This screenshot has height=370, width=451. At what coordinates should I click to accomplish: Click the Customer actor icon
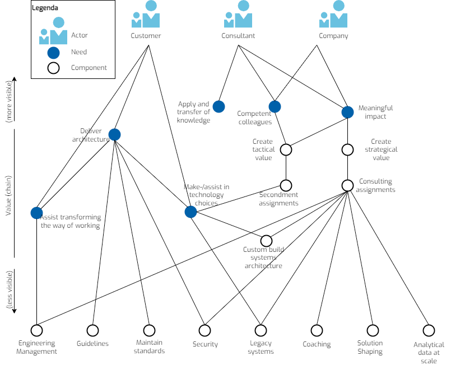coord(146,15)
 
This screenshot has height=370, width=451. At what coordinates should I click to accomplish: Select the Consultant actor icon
coord(238,15)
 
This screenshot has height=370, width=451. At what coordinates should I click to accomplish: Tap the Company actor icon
coord(333,15)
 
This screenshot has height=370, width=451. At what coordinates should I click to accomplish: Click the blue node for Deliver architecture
coord(114,134)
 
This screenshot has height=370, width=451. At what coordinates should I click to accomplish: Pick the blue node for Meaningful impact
coord(347,112)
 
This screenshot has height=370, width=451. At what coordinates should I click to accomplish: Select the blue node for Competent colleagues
coord(275,106)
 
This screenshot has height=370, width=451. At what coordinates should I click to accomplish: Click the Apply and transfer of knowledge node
coord(218,106)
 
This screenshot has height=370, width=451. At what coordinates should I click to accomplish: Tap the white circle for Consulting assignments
coord(347,185)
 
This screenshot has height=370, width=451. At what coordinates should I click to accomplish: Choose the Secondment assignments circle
coord(286,185)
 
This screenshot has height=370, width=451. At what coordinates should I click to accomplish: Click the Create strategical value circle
coord(347,149)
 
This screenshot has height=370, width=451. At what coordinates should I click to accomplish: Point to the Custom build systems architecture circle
coord(266,241)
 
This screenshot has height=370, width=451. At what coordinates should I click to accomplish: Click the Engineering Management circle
coord(36,330)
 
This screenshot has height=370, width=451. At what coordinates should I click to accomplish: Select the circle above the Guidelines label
coord(92,330)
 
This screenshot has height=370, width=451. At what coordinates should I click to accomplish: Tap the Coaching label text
coord(317,344)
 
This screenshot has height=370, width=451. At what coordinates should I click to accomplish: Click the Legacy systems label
coord(261,348)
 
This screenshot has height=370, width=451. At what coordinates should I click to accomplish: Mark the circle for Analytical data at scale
coord(429,330)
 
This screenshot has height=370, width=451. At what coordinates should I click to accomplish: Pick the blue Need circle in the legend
coord(54,53)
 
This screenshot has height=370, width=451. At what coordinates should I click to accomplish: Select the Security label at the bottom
coord(205,344)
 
